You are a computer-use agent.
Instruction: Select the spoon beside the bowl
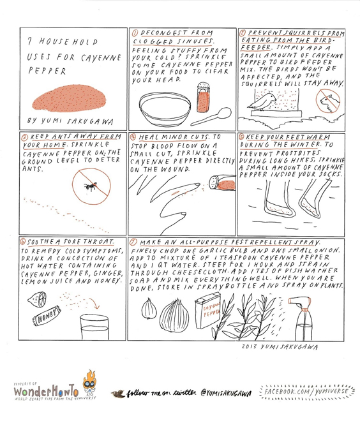pyautogui.click(x=211, y=117)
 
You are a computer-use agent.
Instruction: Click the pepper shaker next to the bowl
pyautogui.click(x=204, y=98)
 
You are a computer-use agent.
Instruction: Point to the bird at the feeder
pyautogui.click(x=262, y=101)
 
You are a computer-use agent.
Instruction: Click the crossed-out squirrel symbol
pyautogui.click(x=328, y=101)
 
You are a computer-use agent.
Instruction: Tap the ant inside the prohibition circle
pyautogui.click(x=90, y=186)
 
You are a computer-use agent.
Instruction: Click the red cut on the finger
pyautogui.click(x=174, y=193)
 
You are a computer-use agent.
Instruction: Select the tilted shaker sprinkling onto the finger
pyautogui.click(x=222, y=183)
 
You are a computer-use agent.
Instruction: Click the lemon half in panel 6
pyautogui.click(x=37, y=299)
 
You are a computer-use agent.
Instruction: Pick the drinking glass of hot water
pyautogui.click(x=94, y=327)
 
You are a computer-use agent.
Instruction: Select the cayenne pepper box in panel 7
pyautogui.click(x=208, y=311)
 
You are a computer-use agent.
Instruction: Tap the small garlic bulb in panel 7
pyautogui.click(x=149, y=309)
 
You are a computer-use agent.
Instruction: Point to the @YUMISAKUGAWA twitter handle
pyautogui.click(x=226, y=394)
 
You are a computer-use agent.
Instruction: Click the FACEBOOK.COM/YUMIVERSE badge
pyautogui.click(x=306, y=391)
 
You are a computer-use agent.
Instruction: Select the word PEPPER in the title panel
pyautogui.click(x=47, y=71)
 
